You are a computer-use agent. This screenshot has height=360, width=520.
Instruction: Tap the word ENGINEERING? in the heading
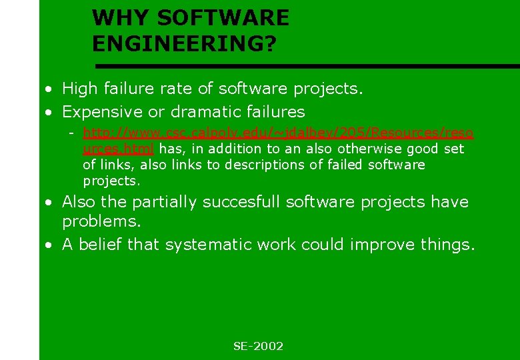(x=184, y=43)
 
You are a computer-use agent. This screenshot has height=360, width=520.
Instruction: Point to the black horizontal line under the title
(x=307, y=66)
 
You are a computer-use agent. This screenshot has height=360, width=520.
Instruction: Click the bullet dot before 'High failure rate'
(x=49, y=89)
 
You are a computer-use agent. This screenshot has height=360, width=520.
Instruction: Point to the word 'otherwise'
(x=365, y=149)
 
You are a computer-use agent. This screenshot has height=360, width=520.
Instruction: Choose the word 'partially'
(x=167, y=202)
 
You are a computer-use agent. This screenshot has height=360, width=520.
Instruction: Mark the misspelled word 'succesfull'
(x=250, y=202)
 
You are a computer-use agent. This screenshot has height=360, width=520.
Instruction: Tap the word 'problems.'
(x=101, y=221)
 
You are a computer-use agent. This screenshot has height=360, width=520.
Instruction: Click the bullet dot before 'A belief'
(x=49, y=245)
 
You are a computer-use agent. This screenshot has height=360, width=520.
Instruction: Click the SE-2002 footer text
(x=258, y=346)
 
